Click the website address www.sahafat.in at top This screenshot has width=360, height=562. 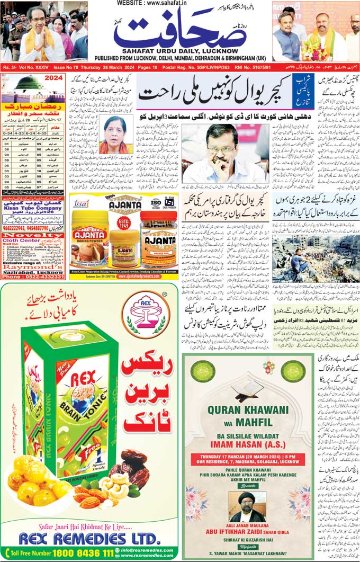tap(179, 4)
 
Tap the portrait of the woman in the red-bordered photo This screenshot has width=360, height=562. tap(114, 135)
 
